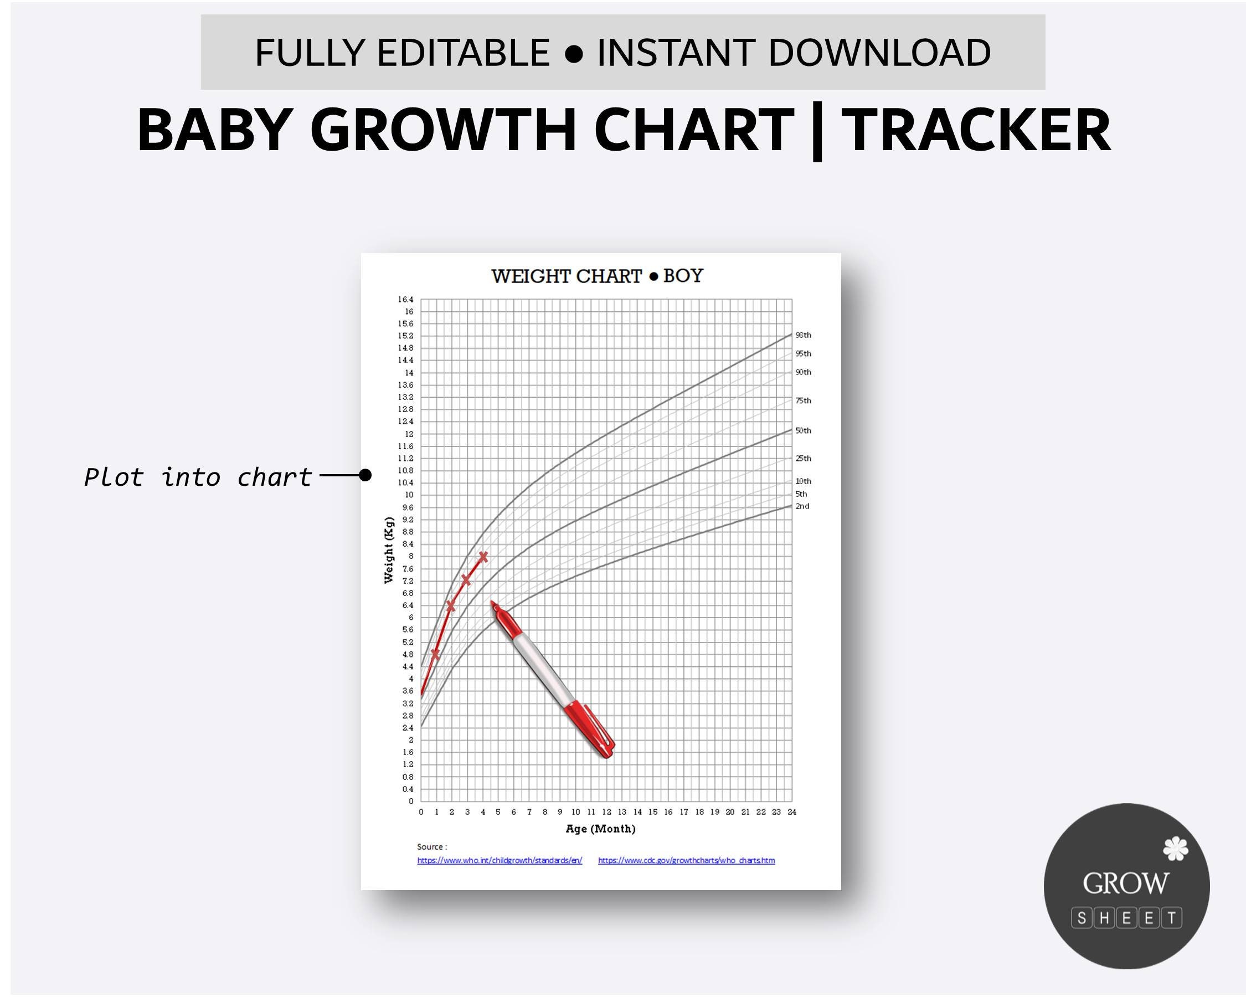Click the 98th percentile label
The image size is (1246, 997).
point(803,335)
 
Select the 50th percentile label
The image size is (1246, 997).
point(803,430)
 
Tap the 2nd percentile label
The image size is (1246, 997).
point(802,506)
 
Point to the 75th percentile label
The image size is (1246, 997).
point(803,400)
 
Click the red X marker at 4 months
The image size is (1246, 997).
point(483,557)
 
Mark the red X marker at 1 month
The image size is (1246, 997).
point(435,654)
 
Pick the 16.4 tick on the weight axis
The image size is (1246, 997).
point(405,300)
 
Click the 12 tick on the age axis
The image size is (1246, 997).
point(606,812)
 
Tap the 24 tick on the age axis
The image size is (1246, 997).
point(791,812)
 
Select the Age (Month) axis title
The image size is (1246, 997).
point(600,829)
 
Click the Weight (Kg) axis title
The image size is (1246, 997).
point(389,550)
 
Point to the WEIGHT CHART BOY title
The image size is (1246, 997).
point(597,276)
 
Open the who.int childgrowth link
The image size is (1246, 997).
point(500,861)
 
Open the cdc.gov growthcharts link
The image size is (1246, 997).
point(686,861)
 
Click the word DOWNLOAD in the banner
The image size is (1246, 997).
point(879,53)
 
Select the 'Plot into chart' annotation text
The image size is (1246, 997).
point(198,477)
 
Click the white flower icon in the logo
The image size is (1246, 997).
point(1175,849)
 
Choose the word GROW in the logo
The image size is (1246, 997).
point(1125,883)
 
